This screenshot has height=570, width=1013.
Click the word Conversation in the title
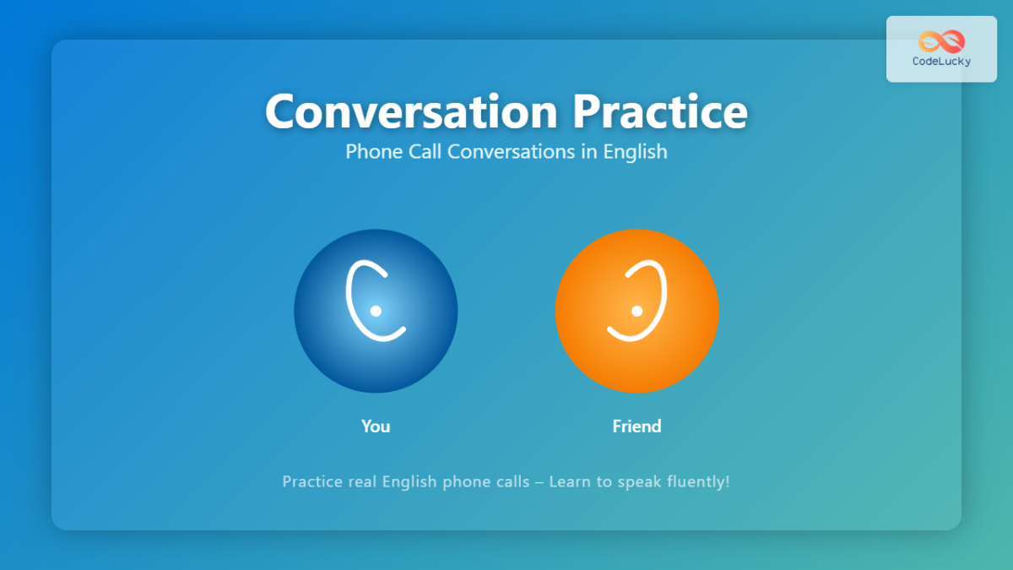click(x=411, y=111)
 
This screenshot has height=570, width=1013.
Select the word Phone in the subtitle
click(x=369, y=152)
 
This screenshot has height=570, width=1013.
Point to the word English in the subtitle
click(x=635, y=152)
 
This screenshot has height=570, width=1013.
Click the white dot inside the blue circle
click(x=376, y=311)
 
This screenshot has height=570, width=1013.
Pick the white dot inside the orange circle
click(x=637, y=311)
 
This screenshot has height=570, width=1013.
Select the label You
click(x=376, y=426)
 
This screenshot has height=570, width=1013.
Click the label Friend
click(x=637, y=426)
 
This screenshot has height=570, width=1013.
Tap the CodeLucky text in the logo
click(x=941, y=62)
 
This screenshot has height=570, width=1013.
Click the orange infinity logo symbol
click(x=941, y=41)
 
